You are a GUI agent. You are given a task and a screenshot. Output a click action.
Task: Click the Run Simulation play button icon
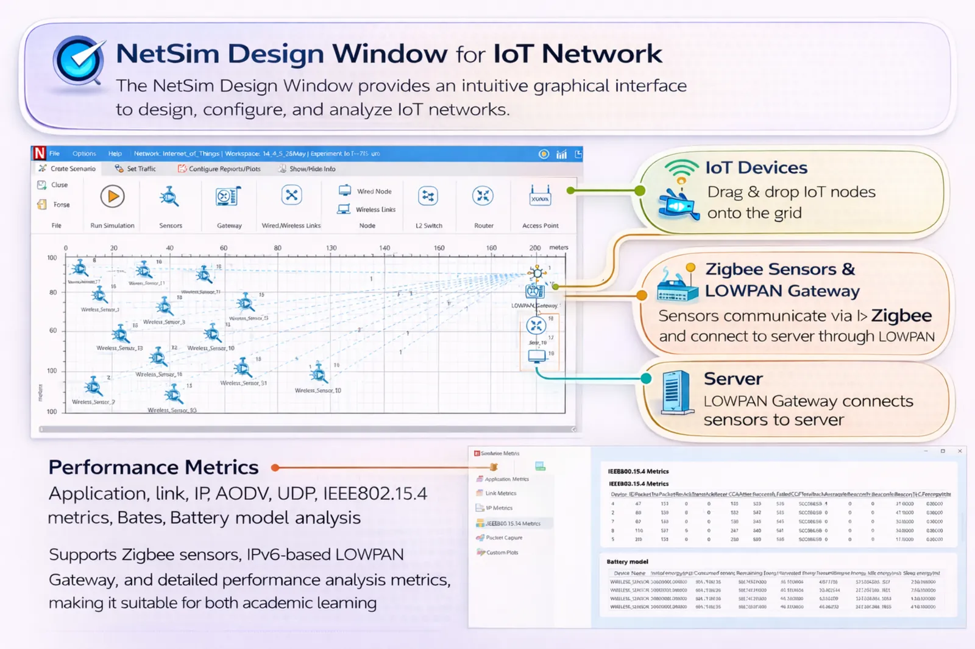113,196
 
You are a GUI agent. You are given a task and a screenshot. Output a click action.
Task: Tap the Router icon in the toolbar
483,196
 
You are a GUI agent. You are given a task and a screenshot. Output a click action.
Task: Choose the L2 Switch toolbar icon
428,196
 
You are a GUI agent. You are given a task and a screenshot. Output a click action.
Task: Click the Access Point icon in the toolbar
540,197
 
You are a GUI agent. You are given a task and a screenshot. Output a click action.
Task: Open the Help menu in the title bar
115,154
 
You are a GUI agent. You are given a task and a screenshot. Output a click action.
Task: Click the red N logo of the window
40,153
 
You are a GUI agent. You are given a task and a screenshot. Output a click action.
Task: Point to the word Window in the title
390,54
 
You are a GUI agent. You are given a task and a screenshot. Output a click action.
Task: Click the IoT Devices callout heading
756,167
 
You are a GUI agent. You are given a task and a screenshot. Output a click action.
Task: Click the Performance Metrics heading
154,467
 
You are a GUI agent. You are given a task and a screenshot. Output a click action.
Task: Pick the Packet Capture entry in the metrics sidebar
504,538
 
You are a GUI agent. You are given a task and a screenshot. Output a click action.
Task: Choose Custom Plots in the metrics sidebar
502,552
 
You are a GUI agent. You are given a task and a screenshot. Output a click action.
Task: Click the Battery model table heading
627,561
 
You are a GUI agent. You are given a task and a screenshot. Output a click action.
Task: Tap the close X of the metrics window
960,451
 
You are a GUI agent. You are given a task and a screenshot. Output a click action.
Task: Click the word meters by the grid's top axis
559,247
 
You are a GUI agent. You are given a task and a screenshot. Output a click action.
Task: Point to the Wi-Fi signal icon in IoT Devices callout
681,168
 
